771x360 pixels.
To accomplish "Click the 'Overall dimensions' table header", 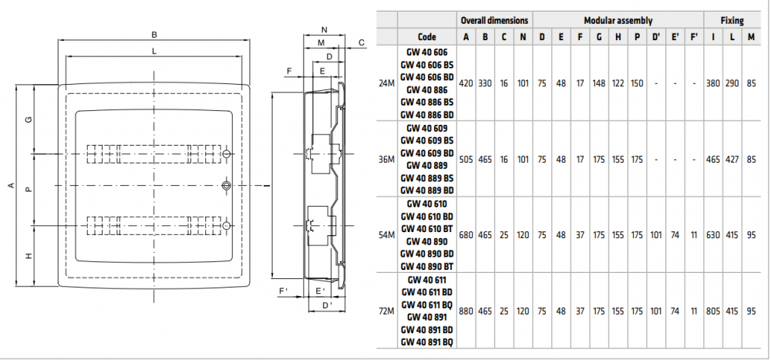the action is [x=494, y=20].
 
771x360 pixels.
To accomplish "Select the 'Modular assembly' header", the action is [x=618, y=20].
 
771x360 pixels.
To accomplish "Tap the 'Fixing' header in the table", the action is [x=732, y=20].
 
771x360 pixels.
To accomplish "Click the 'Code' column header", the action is [x=427, y=37].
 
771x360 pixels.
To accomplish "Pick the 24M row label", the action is [x=387, y=83].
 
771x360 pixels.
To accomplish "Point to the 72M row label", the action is [x=387, y=311].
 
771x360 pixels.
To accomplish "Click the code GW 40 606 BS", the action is [x=427, y=65].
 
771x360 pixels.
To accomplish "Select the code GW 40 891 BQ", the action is [x=427, y=341].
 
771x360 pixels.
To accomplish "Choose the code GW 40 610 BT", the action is [x=427, y=229].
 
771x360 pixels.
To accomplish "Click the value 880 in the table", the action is [x=466, y=311].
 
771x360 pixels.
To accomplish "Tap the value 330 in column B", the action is [x=485, y=83].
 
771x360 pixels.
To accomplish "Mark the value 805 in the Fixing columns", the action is [x=713, y=311].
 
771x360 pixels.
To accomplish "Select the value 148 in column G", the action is [x=599, y=83].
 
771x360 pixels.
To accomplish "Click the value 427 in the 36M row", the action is [x=732, y=160].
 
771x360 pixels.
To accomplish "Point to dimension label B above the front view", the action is [x=154, y=35].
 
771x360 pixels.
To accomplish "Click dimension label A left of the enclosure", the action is [x=11, y=186].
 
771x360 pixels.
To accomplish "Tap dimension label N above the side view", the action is [x=324, y=30].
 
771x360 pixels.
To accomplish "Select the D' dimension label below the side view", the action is [x=328, y=305].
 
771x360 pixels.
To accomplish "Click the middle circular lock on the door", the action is [x=226, y=186].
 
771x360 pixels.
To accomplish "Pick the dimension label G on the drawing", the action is [x=29, y=119].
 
